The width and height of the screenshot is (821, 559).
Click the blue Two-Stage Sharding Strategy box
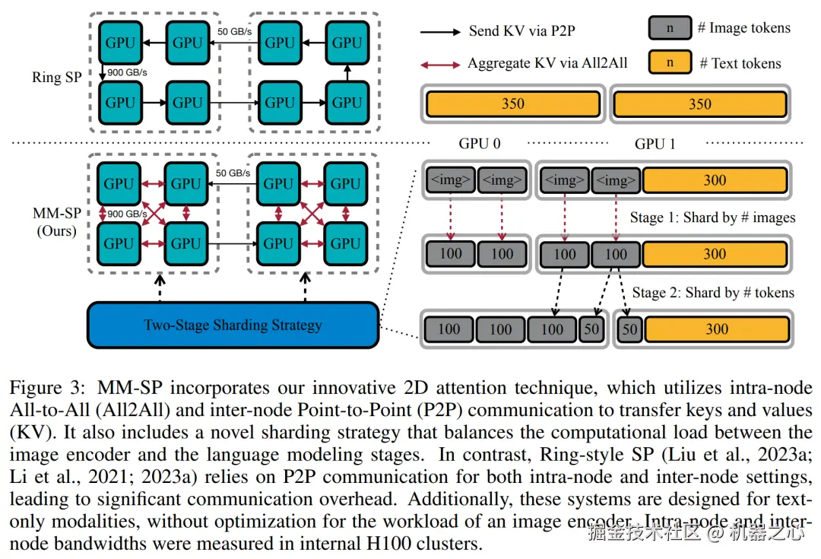click(233, 325)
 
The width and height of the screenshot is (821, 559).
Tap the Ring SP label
click(56, 77)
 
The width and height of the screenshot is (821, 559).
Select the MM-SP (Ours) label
click(56, 221)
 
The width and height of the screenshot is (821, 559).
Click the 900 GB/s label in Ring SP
click(127, 72)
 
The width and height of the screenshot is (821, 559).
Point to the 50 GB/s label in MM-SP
click(233, 173)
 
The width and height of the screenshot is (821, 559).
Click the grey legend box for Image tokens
click(670, 28)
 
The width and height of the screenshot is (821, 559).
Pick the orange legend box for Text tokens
click(670, 62)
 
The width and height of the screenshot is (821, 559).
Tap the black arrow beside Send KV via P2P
click(440, 32)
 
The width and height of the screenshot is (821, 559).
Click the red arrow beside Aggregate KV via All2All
click(440, 65)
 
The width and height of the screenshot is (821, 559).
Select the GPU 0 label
click(480, 144)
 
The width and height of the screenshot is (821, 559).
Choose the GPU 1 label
click(655, 144)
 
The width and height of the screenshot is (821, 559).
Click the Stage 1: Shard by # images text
click(712, 218)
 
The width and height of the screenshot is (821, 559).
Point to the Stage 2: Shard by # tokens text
click(713, 292)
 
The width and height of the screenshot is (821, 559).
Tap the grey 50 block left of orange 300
click(629, 329)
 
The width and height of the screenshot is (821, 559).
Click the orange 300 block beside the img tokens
click(715, 180)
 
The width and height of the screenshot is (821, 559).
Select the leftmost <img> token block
click(451, 180)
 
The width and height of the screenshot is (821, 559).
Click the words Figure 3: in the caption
click(47, 388)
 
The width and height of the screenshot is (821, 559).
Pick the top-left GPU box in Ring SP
click(120, 43)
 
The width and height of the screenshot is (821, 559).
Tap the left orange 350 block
click(513, 103)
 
